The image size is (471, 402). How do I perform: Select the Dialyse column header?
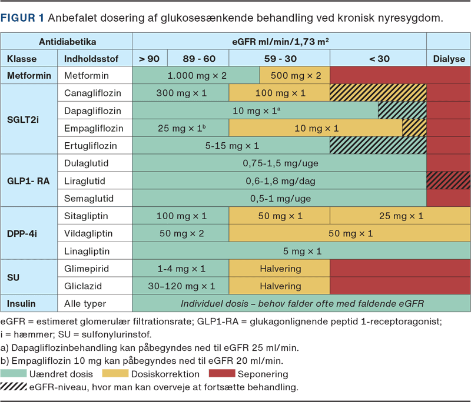pos(449,59)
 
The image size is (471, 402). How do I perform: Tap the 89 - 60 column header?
pos(199,59)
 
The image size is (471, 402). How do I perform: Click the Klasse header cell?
pos(22,59)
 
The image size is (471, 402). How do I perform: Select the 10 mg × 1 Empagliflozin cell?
pos(316,128)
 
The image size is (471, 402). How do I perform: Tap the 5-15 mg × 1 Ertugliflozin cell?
pos(232,146)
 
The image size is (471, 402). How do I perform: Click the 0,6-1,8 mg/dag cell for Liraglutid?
pos(280,181)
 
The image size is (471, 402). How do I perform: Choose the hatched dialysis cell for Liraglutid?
pos(449,181)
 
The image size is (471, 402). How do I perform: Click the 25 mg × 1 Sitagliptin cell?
pos(400,216)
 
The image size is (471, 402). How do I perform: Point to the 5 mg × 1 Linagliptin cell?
pos(301,252)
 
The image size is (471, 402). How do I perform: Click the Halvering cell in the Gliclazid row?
pos(280,286)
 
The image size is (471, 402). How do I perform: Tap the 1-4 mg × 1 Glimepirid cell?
pos(181,269)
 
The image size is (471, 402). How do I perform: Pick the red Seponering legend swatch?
pos(216,374)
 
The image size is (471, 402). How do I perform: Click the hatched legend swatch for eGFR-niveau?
pos(22,387)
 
